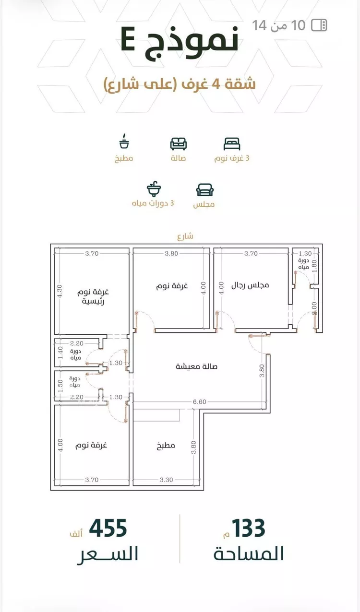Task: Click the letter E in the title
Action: [x=128, y=43]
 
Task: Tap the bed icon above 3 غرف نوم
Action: [x=231, y=144]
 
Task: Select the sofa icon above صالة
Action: [x=178, y=144]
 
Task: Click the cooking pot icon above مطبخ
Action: [x=124, y=141]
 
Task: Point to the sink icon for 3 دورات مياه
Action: [x=154, y=188]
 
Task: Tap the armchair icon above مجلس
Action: [x=205, y=190]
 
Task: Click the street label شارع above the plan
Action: [x=185, y=236]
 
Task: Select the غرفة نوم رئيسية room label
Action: [x=93, y=296]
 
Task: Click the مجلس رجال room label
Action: [x=250, y=285]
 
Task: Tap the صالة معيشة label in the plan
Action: [x=196, y=366]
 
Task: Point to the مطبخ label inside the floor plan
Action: [x=166, y=446]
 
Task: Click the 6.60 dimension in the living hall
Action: [x=199, y=401]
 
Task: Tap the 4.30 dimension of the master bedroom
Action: [x=60, y=291]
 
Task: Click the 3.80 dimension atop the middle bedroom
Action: [x=171, y=254]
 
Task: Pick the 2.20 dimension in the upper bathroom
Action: [x=76, y=343]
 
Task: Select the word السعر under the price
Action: [x=108, y=554]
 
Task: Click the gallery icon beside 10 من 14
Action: [x=319, y=25]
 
